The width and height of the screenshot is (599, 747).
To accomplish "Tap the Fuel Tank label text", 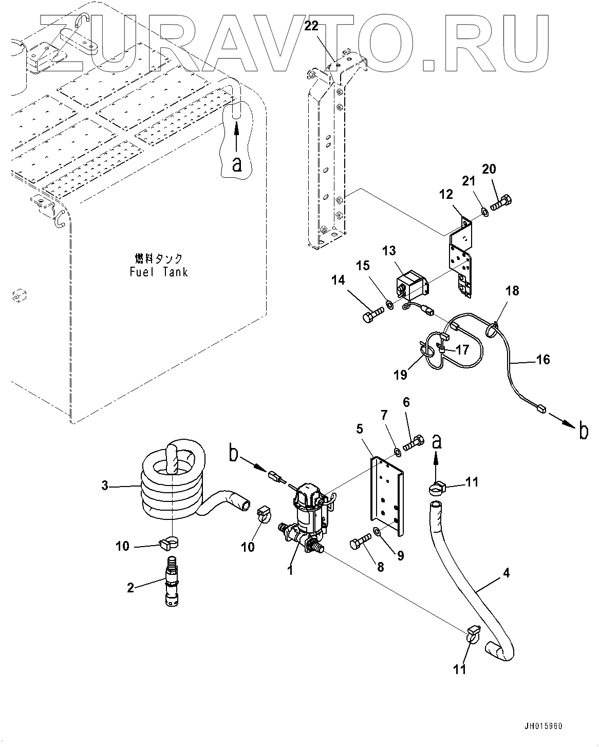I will tap(158, 266).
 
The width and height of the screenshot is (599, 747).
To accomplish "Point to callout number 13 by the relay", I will tap(389, 251).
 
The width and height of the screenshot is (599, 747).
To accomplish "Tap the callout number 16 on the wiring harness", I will tap(542, 359).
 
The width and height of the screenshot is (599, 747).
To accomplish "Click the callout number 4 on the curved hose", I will tap(507, 573).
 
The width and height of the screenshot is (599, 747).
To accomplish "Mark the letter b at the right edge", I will tap(583, 432).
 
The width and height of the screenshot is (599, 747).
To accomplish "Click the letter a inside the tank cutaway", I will tap(236, 164).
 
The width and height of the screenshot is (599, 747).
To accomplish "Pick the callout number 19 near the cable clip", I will tap(400, 375).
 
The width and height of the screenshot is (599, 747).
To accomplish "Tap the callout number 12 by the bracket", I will tap(446, 194).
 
